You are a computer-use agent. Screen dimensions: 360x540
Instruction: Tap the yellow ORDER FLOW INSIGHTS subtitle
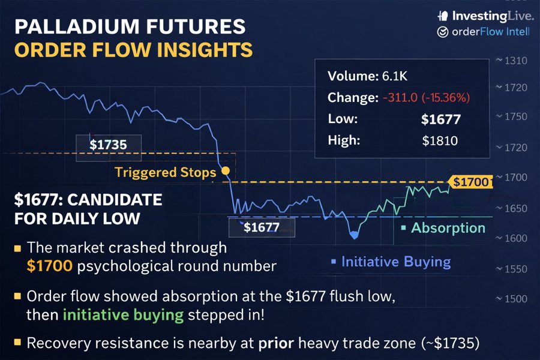[x=133, y=50]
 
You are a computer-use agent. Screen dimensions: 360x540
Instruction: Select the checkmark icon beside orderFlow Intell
[x=442, y=32]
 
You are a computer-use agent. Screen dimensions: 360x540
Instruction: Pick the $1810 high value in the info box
[x=440, y=141]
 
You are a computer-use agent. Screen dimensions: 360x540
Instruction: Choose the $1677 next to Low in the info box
[x=440, y=119]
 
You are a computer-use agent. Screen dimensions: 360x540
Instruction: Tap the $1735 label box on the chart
[x=109, y=145]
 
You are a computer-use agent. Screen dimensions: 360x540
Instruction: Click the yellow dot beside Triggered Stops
[x=226, y=171]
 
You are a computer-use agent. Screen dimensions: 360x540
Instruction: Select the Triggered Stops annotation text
[x=165, y=173]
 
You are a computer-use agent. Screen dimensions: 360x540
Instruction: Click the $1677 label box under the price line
[x=262, y=227]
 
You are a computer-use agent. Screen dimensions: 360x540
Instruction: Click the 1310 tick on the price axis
[x=515, y=61]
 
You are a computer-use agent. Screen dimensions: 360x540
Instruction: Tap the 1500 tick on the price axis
[x=515, y=299]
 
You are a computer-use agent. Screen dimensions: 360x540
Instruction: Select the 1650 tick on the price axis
[x=515, y=209]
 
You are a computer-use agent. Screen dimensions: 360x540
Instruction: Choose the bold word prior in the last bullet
[x=275, y=343]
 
